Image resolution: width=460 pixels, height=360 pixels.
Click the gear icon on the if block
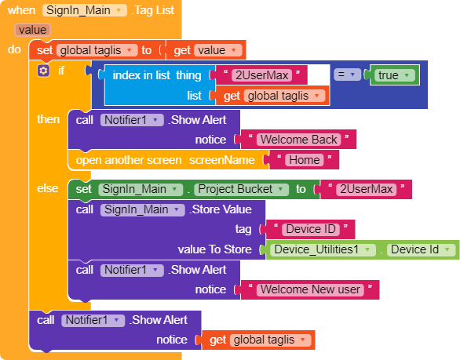pos(43,71)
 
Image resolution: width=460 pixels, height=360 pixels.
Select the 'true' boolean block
pos(395,75)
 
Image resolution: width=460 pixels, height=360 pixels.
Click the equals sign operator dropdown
pos(347,75)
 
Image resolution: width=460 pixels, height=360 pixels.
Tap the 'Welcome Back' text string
pos(298,140)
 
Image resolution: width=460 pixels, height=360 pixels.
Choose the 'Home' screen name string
pos(305,160)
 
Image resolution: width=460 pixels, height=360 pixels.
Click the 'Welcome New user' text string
pos(310,289)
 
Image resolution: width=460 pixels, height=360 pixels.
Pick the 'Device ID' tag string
pos(311,229)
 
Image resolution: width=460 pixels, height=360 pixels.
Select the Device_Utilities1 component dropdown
pos(323,249)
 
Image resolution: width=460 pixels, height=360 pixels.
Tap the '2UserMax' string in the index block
pos(261,75)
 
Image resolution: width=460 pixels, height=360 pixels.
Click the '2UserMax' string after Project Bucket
pos(366,189)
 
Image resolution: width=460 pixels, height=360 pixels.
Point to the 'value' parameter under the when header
pos(32,30)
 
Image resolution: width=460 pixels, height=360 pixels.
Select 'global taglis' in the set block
pos(97,50)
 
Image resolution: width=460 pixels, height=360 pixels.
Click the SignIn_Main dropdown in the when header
pos(85,10)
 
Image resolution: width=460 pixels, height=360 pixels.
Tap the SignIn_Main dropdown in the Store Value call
pos(143,210)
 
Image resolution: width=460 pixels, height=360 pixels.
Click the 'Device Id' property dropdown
pos(421,249)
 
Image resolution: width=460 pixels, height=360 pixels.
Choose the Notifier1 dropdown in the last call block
pos(93,321)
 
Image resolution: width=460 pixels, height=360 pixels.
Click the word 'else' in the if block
pos(48,188)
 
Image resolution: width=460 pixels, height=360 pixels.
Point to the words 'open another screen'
pos(129,160)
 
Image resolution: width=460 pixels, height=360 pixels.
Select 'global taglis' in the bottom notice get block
pos(270,340)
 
